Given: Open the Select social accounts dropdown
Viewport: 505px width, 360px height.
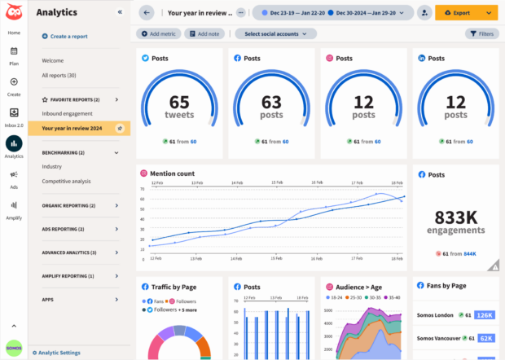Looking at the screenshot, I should (276, 33).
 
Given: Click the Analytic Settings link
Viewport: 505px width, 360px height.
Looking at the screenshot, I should (59, 353).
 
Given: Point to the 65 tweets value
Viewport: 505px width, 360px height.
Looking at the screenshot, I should (179, 105).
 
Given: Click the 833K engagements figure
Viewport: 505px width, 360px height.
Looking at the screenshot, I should (455, 222).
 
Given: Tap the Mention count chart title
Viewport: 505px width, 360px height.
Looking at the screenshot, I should (173, 173).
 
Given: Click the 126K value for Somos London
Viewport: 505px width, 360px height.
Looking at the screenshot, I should (485, 315).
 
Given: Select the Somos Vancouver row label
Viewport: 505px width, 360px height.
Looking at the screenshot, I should (435, 337).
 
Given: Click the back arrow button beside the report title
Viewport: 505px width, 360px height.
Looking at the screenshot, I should (147, 13).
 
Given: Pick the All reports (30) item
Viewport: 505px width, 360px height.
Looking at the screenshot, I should (59, 75).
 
